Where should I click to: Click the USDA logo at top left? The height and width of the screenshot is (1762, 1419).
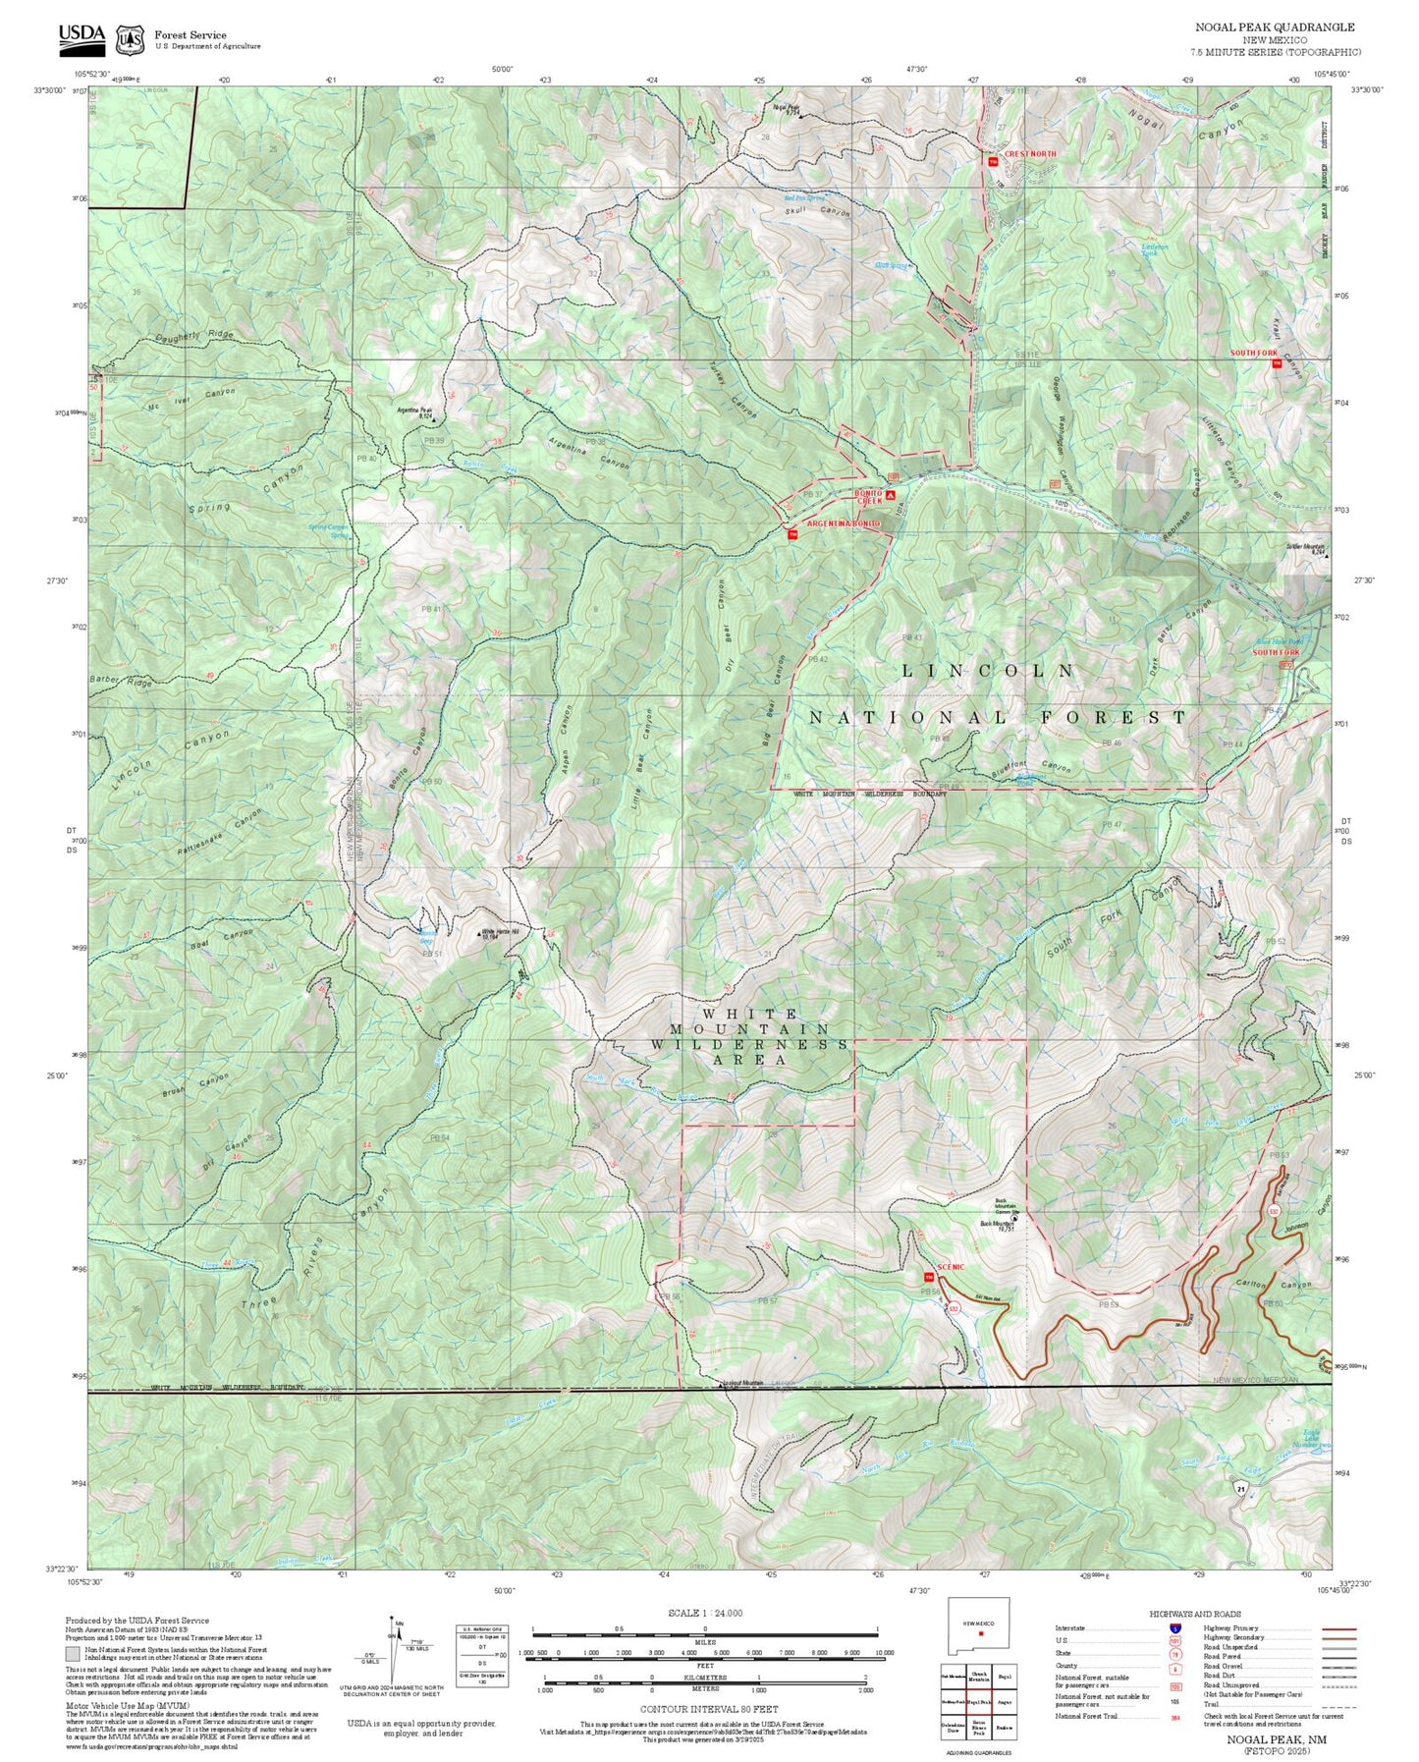coord(82,36)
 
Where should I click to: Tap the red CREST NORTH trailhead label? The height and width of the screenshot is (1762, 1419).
coord(1030,154)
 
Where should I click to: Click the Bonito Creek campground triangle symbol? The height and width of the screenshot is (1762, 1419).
coord(890,497)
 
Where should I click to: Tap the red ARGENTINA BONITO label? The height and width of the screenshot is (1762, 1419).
coord(843,524)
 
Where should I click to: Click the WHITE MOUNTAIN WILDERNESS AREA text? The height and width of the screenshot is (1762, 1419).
coord(749,1036)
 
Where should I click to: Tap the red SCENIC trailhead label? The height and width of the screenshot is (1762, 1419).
coord(951,1267)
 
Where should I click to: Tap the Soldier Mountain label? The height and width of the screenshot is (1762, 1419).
coord(1305,548)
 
